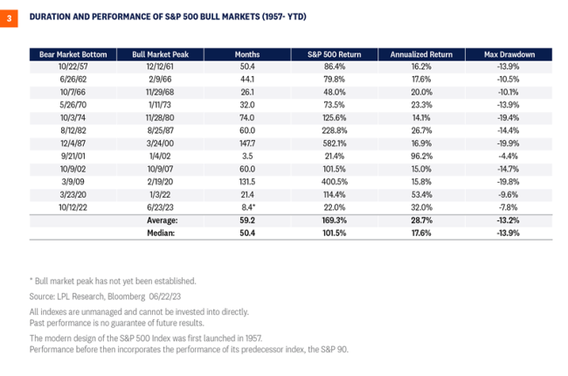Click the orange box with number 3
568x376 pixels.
tap(10, 17)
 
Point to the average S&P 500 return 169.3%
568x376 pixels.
tap(329, 221)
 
